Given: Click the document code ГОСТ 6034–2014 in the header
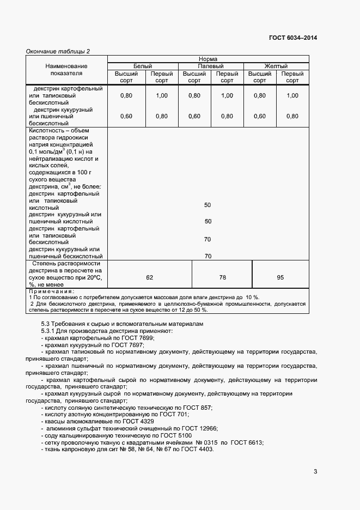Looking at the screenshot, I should (292, 38).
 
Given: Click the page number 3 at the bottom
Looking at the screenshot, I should (315, 471).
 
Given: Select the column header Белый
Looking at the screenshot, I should (143, 66).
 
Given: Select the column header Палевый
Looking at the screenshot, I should (211, 66).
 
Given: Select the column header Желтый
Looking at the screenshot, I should (276, 66).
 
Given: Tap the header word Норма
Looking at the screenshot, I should (208, 59).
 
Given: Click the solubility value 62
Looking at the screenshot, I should (150, 278).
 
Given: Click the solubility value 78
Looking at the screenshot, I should (222, 278).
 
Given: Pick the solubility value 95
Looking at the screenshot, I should (280, 278).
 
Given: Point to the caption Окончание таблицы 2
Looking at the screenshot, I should (58, 51).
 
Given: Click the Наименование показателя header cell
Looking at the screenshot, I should (66, 69).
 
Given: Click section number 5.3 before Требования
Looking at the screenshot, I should (46, 324).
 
